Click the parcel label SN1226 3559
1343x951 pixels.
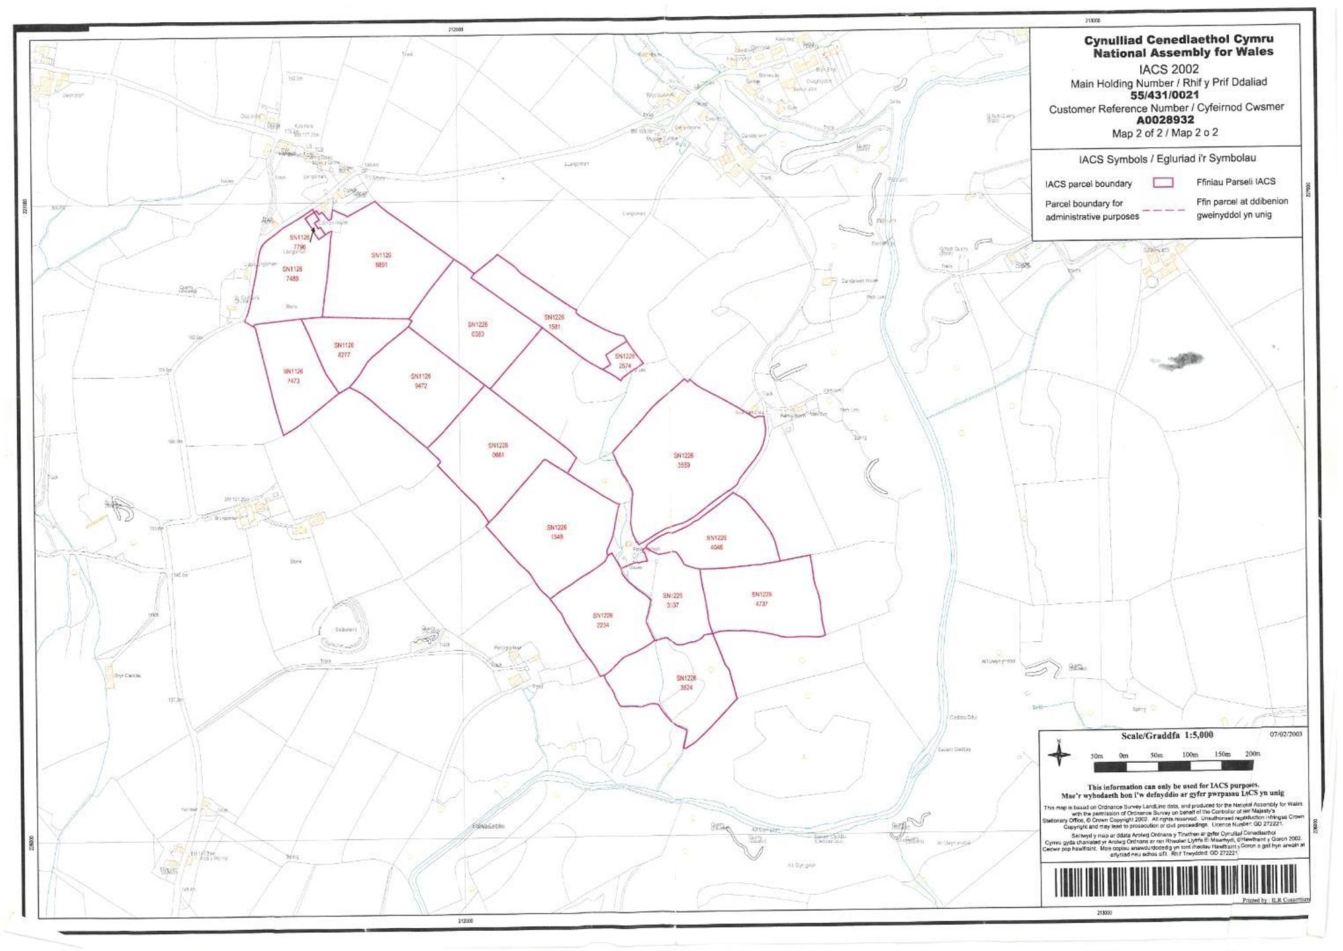tap(683, 460)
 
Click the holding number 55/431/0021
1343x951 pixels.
tap(1164, 95)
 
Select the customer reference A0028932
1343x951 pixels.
tap(1165, 120)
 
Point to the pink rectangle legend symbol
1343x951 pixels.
tap(1163, 183)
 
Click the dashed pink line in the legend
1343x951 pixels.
tap(1164, 210)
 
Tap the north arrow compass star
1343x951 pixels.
tap(1059, 754)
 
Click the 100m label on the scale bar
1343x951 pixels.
tap(1190, 755)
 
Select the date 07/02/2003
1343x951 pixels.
tap(1286, 734)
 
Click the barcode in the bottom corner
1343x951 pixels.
tap(1175, 880)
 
